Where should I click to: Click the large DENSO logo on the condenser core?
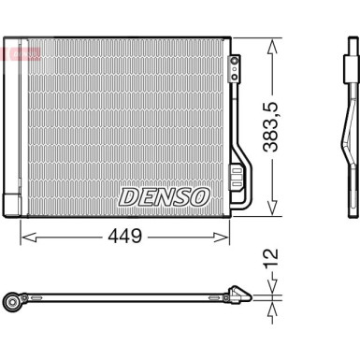point(164,196)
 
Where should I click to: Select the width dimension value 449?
point(123,236)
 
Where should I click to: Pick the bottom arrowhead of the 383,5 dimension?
point(273,213)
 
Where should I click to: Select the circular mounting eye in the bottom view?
point(13,302)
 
